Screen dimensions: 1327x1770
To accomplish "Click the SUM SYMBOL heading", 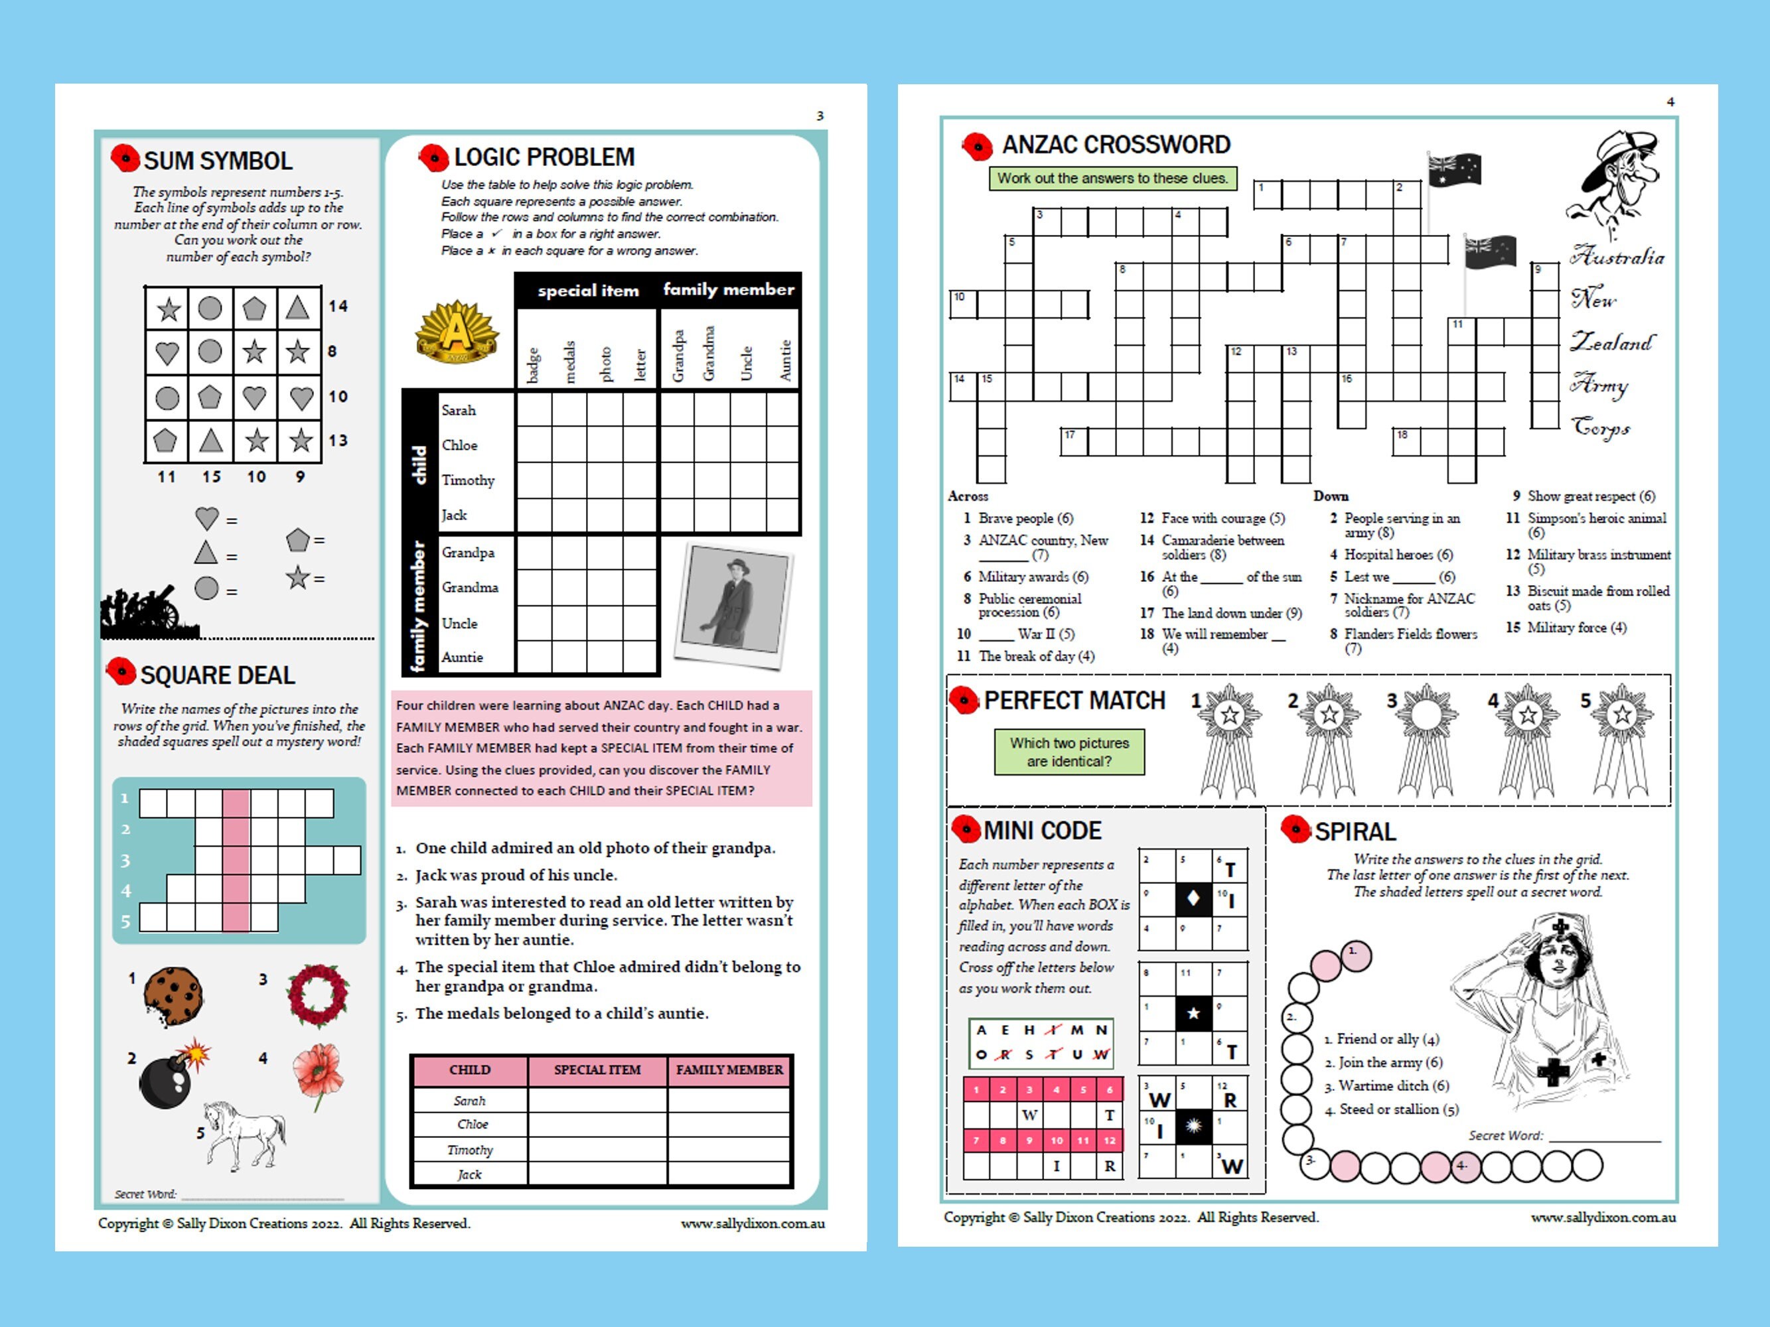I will (x=217, y=161).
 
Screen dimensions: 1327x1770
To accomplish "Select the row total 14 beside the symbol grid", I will (x=338, y=307).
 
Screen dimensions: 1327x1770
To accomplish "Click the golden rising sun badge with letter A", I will (x=456, y=331).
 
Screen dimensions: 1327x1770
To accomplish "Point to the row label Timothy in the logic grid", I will (x=468, y=480).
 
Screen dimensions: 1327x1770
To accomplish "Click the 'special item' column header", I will (x=588, y=291).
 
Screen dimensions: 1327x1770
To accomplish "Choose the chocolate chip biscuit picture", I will (x=173, y=996).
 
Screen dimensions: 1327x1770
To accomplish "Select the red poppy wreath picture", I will (x=318, y=995).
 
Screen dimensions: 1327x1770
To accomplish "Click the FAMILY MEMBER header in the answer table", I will (x=729, y=1070).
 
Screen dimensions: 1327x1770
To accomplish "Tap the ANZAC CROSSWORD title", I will (x=1116, y=145).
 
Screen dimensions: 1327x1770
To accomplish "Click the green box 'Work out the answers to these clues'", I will (x=1112, y=178).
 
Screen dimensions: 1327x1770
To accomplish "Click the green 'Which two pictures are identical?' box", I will (x=1069, y=752).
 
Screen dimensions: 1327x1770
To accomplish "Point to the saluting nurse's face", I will (x=1560, y=961).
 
